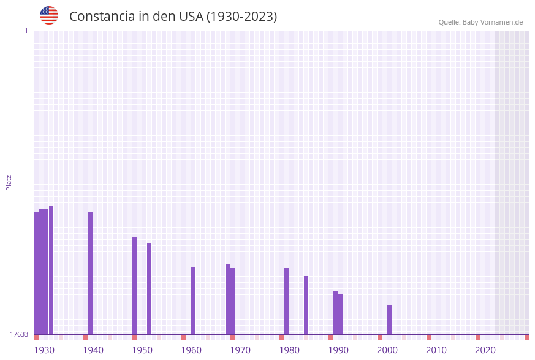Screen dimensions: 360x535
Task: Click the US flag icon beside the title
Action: click(49, 15)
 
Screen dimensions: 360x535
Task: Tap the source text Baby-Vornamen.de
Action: click(492, 22)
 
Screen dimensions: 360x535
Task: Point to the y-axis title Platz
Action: click(9, 182)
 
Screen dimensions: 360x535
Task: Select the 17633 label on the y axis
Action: click(19, 334)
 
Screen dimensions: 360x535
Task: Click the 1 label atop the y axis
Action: click(26, 31)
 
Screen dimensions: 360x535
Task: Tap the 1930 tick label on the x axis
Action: click(44, 350)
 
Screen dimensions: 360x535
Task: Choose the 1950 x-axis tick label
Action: click(142, 350)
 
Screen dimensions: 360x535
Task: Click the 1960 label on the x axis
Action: click(191, 350)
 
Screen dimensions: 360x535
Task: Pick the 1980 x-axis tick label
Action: click(289, 350)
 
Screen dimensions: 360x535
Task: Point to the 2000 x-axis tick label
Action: click(387, 350)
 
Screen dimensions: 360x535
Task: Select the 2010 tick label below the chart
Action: click(436, 350)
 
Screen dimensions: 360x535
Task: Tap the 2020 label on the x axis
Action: click(485, 350)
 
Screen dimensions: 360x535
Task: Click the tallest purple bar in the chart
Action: click(51, 270)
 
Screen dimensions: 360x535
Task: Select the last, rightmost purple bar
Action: click(389, 320)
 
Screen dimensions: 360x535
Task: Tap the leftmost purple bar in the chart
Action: click(36, 273)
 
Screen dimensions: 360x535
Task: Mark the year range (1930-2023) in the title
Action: click(241, 17)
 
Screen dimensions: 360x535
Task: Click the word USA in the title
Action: click(191, 17)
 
